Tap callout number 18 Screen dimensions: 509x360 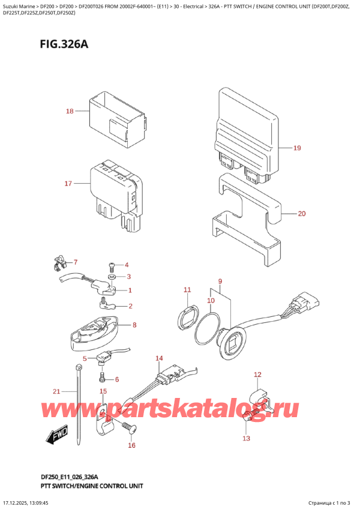pyautogui.click(x=70, y=112)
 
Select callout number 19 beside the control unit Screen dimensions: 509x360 pyautogui.click(x=296, y=148)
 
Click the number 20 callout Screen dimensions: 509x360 pyautogui.click(x=301, y=212)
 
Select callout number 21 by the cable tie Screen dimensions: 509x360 pyautogui.click(x=56, y=391)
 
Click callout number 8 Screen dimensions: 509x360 pyautogui.click(x=134, y=325)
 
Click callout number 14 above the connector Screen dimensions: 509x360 pyautogui.click(x=158, y=359)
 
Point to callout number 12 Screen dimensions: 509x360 pyautogui.click(x=257, y=375)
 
